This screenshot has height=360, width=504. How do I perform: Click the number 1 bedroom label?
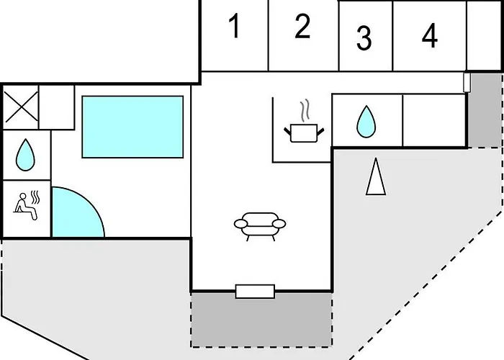pos(235,26)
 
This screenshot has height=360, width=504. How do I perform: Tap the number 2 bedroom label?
pos(302,26)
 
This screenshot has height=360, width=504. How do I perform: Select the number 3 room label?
pos(364,38)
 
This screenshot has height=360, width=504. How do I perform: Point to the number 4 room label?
pos(430,35)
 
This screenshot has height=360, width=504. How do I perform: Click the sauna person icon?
pos(27,206)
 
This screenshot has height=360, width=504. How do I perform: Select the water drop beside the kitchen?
pos(366,122)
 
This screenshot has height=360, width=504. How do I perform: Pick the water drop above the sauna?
pos(25,155)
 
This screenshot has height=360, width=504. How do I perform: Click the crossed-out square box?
pos(21,107)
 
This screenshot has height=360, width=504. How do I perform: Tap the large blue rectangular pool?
pos(132,127)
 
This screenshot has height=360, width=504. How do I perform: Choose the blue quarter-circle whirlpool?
pos(76,215)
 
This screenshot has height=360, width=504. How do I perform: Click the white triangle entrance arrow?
pos(376,176)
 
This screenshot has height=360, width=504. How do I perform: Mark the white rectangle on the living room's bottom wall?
pos(255,292)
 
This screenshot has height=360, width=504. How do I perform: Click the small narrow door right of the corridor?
pos(467,83)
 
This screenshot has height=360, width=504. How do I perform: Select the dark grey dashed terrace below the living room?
pos(261,320)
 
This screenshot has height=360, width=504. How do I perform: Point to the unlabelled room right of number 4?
pos(485,35)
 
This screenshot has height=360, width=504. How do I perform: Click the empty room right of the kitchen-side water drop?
pos(434,120)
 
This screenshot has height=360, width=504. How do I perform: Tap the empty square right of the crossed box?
pos(57,107)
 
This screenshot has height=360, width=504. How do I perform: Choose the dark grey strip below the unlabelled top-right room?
pos(485,110)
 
